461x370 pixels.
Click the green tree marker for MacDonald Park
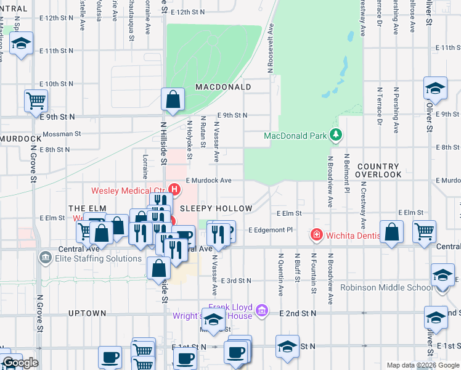(x=335, y=134)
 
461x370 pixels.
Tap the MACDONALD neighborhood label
(x=223, y=88)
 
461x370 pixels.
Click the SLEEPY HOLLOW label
(x=216, y=209)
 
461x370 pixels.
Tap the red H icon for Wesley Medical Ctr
(x=174, y=189)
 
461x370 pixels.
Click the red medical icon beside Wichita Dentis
(x=316, y=235)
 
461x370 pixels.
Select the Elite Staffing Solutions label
(x=97, y=258)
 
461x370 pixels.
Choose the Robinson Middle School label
(x=394, y=287)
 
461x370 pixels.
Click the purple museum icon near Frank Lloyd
(x=261, y=310)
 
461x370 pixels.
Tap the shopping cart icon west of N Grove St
(x=36, y=101)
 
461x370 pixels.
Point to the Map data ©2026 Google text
(x=422, y=365)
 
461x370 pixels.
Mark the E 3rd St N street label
(x=235, y=281)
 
